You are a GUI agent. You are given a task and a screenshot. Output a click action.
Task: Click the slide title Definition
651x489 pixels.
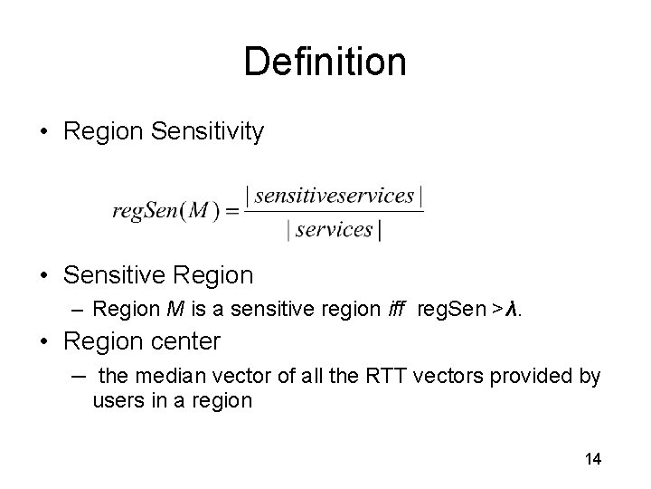coord(325,62)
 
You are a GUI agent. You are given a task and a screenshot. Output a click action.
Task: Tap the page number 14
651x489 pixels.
coord(593,459)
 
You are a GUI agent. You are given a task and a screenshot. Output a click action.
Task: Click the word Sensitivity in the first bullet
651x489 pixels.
coord(208,132)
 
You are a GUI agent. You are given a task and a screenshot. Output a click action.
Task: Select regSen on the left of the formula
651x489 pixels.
coord(145,211)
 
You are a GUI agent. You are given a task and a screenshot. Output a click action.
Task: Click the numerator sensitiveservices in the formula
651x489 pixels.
coord(334,195)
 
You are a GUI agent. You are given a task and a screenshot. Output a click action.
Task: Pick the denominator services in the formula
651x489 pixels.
coord(334,230)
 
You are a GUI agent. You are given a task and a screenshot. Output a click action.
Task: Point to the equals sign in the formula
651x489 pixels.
coord(231,212)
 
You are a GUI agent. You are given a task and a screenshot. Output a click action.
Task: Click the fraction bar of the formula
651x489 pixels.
coord(334,212)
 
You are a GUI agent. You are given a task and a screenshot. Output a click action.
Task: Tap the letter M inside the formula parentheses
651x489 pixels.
coord(200,211)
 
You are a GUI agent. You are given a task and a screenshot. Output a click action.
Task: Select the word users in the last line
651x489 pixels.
coord(116,399)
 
